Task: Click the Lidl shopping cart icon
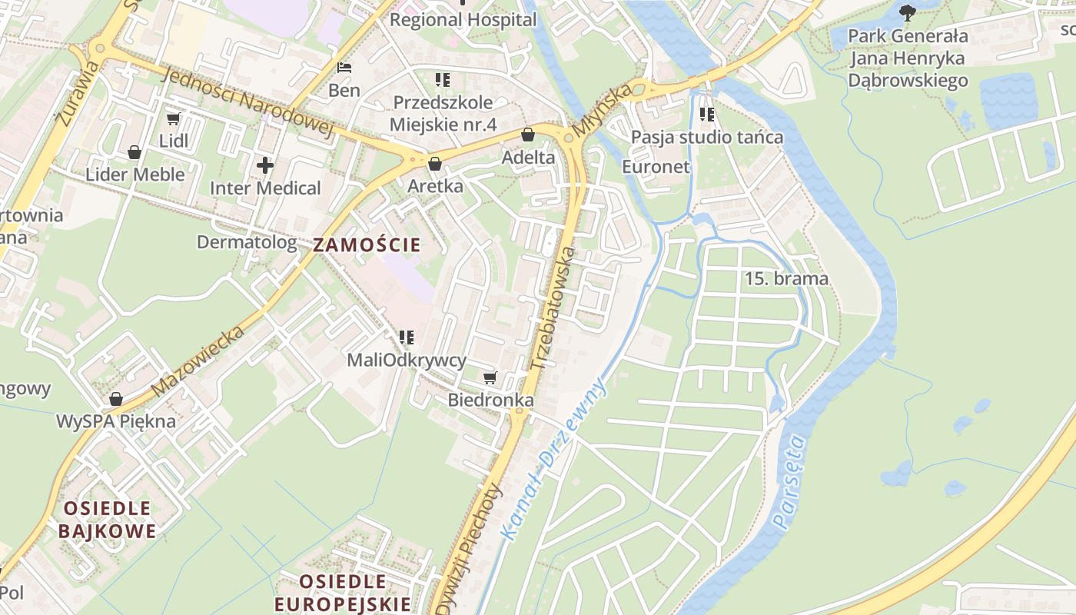(x=173, y=118)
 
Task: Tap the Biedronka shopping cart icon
(x=490, y=377)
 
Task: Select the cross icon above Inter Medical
(x=265, y=165)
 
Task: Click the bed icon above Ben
(x=344, y=68)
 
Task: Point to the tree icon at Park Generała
(x=908, y=12)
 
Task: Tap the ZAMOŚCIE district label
(x=367, y=245)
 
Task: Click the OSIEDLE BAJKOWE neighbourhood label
(x=107, y=520)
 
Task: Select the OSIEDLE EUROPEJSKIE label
(x=343, y=593)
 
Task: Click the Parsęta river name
(x=791, y=482)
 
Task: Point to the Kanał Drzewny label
(x=553, y=458)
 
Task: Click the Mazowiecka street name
(x=198, y=361)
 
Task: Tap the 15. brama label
(x=786, y=278)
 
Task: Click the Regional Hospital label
(x=463, y=20)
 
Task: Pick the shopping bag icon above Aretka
(x=435, y=164)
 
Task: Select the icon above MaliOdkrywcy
(x=407, y=337)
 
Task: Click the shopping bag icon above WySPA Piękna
(x=116, y=399)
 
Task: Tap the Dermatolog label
(x=247, y=242)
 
